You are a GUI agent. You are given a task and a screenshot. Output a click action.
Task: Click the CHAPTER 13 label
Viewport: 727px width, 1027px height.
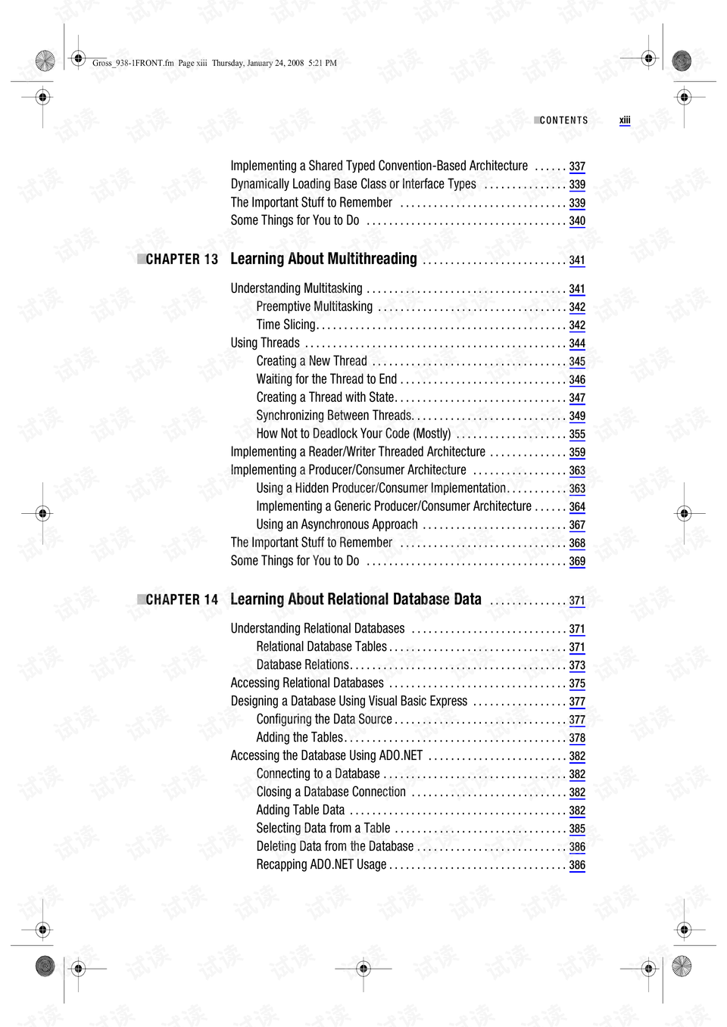point(182,260)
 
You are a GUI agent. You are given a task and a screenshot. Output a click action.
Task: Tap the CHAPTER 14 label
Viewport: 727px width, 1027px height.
point(182,600)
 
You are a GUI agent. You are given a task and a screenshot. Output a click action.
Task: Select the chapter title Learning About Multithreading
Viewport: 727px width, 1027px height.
point(323,259)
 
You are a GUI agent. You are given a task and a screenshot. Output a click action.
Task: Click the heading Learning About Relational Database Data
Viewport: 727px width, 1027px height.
point(355,599)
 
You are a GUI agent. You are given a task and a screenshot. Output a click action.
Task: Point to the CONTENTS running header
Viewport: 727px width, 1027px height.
point(563,120)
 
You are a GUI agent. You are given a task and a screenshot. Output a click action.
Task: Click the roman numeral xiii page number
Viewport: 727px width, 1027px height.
point(625,120)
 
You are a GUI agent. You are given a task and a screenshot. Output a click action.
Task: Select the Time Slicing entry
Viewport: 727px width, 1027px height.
point(285,325)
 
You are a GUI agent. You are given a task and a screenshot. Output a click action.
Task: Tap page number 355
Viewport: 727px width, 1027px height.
point(577,434)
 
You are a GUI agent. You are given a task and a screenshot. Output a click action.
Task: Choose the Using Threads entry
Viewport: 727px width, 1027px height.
point(265,343)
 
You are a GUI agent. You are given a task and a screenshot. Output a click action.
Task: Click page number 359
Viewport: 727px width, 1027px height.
point(577,453)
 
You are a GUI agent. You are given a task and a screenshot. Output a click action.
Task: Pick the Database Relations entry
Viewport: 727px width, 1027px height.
point(302,665)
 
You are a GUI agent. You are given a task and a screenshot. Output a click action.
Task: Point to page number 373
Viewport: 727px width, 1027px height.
point(577,665)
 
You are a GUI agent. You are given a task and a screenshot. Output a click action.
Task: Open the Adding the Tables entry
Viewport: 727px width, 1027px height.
point(299,738)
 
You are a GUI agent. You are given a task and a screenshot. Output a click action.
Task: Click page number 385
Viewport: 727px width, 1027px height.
point(577,829)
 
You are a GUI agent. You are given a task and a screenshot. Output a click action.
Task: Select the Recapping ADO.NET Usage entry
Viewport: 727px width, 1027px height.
point(321,865)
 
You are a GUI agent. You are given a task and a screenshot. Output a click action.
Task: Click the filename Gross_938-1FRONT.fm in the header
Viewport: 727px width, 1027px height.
point(133,63)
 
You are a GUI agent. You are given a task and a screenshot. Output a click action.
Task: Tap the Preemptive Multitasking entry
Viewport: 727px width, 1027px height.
point(314,307)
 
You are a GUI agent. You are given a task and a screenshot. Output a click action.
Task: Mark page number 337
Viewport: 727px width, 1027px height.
point(577,166)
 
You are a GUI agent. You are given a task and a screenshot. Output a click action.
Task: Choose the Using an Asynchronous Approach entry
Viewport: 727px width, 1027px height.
point(337,524)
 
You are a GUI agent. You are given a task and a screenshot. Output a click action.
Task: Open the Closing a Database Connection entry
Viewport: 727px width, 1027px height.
point(331,792)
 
